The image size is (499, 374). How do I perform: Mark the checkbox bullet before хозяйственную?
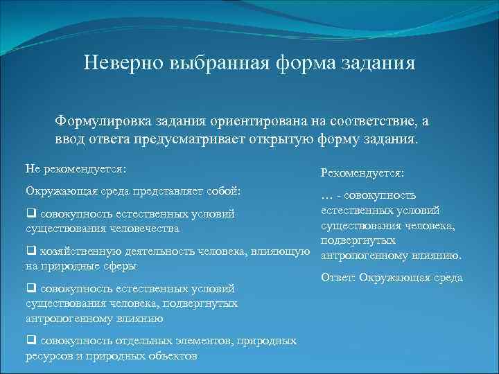[x=30, y=251]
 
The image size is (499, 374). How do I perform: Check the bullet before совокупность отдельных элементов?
[x=30, y=341]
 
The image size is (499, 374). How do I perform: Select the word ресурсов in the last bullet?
[x=49, y=355]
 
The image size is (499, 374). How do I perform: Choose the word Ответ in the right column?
[x=338, y=278]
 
